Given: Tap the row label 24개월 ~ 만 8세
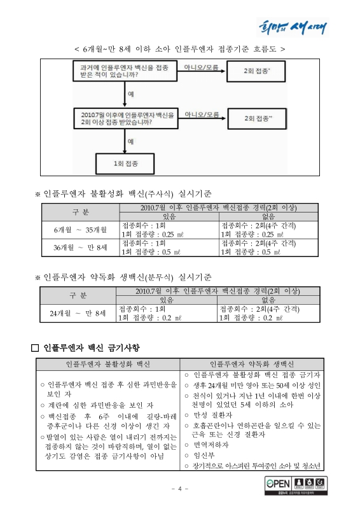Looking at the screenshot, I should (x=78, y=313).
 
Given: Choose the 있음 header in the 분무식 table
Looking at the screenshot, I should (x=167, y=300).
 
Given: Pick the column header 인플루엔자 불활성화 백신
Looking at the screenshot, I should (x=108, y=365).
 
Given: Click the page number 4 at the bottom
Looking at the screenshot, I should (x=180, y=489).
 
